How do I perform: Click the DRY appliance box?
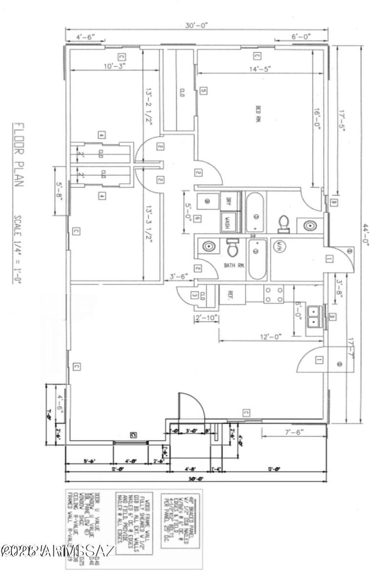click(228, 200)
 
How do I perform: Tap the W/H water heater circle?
click(280, 246)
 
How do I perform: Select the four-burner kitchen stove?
click(273, 293)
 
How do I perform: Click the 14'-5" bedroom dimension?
click(260, 69)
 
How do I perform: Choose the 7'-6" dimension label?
click(292, 432)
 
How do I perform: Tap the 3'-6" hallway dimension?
click(177, 276)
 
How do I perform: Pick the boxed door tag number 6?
click(197, 219)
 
